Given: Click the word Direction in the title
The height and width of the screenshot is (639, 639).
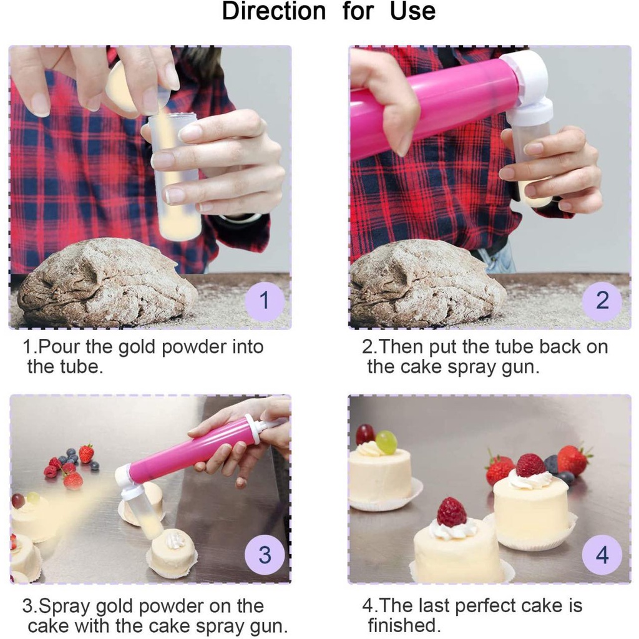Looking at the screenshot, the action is click(274, 11).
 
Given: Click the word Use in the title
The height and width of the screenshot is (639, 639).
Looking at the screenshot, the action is click(412, 11).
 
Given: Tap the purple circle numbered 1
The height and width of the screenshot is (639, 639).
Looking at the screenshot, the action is click(264, 301).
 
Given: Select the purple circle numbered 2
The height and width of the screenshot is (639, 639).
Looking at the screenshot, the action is click(602, 301).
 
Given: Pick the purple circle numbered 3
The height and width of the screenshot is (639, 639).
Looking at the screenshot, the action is click(265, 555).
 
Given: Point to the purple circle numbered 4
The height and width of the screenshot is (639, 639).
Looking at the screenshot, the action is click(602, 555).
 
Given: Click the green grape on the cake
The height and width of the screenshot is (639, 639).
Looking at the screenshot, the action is click(386, 442).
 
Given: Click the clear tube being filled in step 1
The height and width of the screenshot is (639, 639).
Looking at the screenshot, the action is click(175, 175).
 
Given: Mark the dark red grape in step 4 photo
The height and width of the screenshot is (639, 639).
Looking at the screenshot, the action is click(365, 434).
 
